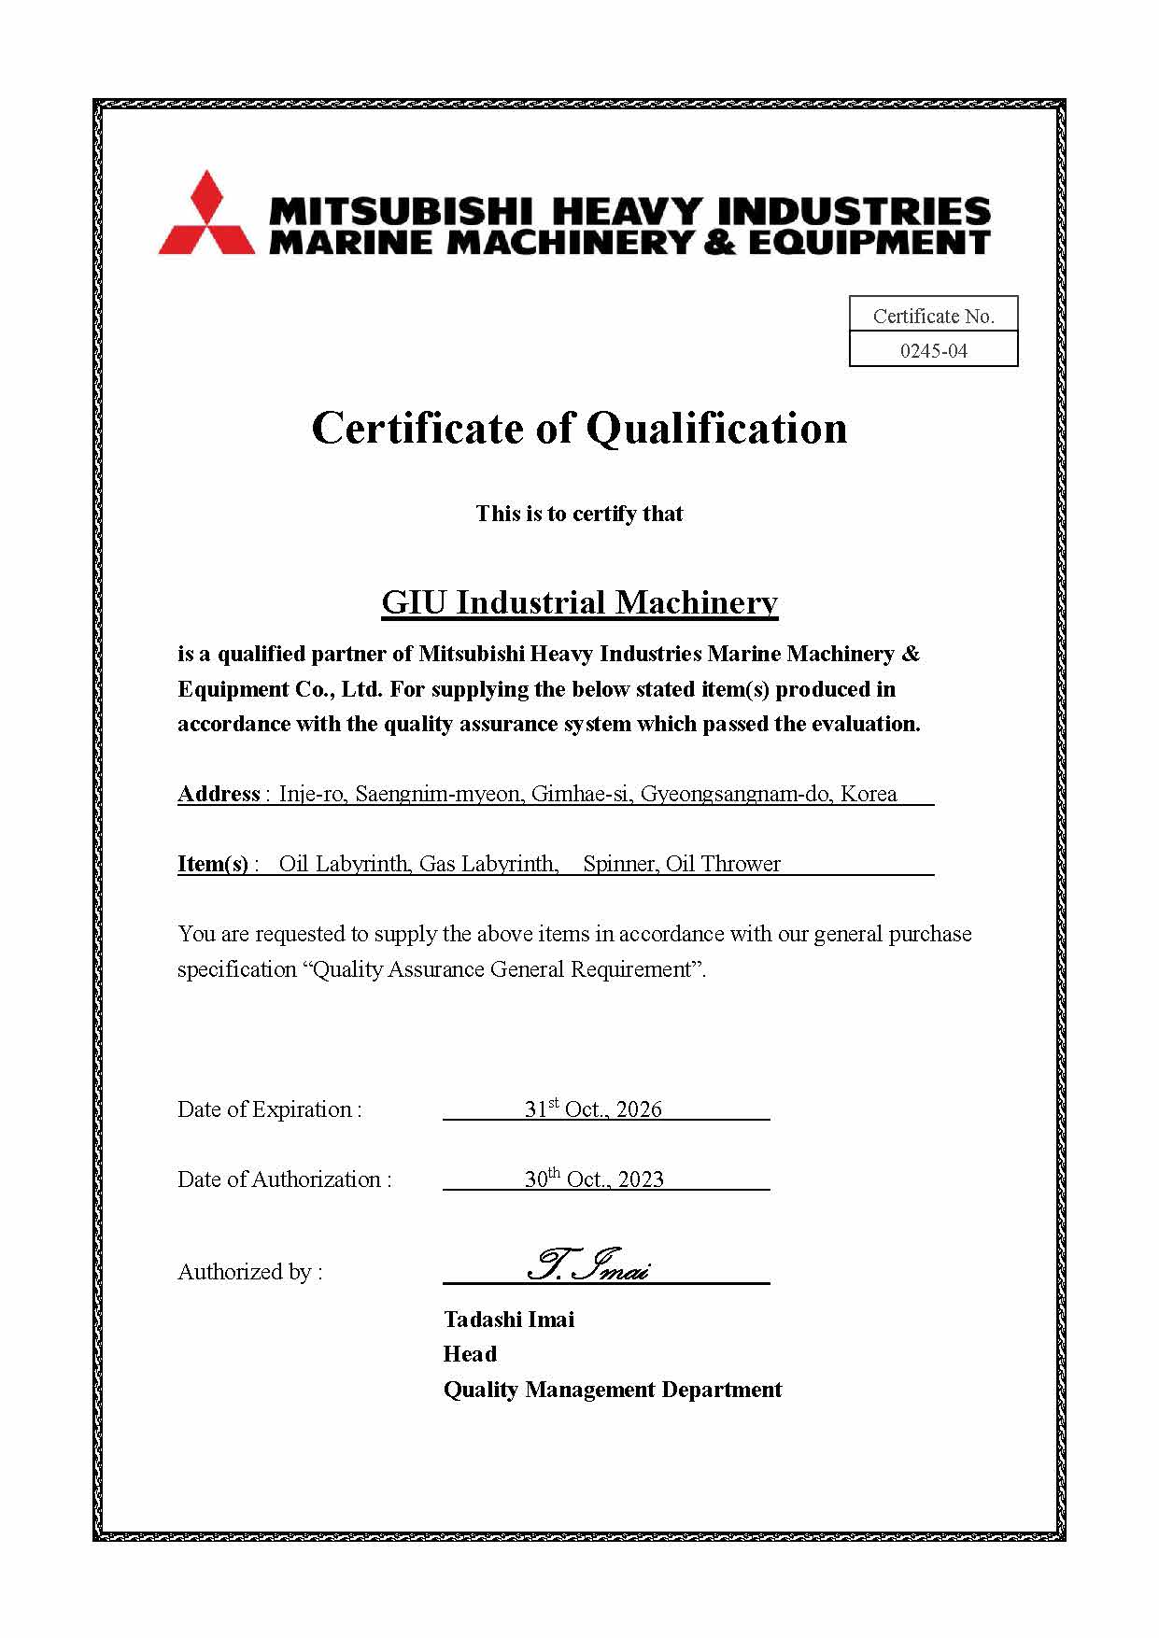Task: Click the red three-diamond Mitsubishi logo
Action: pyautogui.click(x=206, y=214)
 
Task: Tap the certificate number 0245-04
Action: pyautogui.click(x=933, y=351)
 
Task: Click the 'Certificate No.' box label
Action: pyautogui.click(x=933, y=317)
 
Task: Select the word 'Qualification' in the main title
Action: pyautogui.click(x=716, y=429)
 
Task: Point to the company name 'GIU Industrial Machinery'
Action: pyautogui.click(x=579, y=602)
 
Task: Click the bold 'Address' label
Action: pyautogui.click(x=219, y=794)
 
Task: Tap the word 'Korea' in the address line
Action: pyautogui.click(x=869, y=794)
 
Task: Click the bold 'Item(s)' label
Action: pyautogui.click(x=213, y=864)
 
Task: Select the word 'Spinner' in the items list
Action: pyautogui.click(x=618, y=864)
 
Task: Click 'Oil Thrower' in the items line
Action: pyautogui.click(x=723, y=864)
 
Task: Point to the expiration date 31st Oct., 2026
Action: pyautogui.click(x=593, y=1108)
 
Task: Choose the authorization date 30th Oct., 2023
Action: pyautogui.click(x=594, y=1179)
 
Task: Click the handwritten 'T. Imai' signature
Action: pyautogui.click(x=588, y=1265)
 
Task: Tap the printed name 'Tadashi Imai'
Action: pyautogui.click(x=509, y=1320)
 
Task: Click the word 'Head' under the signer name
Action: pyautogui.click(x=470, y=1354)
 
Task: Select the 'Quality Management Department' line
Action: pyautogui.click(x=613, y=1390)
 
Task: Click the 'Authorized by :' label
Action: pyautogui.click(x=250, y=1272)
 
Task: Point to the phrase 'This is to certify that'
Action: pyautogui.click(x=579, y=514)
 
